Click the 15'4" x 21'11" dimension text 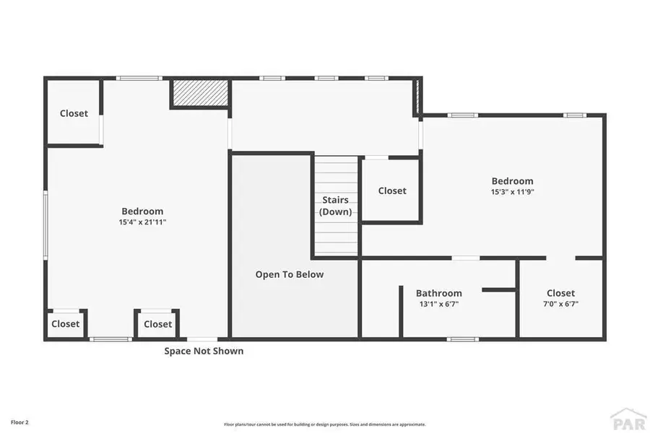point(142,222)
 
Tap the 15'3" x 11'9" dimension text point(512,192)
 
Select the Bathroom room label point(438,293)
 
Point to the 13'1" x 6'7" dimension point(438,304)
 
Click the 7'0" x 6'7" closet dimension point(560,304)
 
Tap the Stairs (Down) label point(335,206)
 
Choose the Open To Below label point(290,274)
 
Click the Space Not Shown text point(204,351)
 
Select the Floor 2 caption point(19,421)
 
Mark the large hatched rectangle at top point(200,93)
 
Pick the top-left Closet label point(74,113)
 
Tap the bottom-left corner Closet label point(66,324)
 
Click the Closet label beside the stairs point(392,191)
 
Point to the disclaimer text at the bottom point(324,424)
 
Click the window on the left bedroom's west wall point(45,224)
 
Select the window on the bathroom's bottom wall point(462,338)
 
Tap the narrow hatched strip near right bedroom point(417,97)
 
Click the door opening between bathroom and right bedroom point(466,258)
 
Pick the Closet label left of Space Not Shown point(157,324)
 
